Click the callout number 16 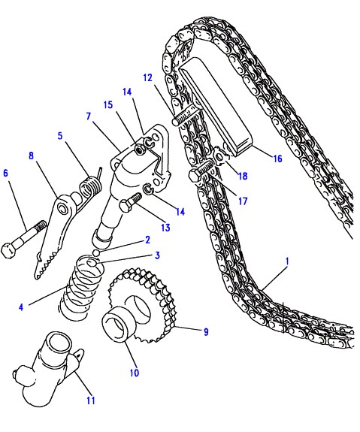pos(277,159)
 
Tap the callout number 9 pos(206,332)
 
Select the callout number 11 pos(91,400)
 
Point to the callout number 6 pos(6,174)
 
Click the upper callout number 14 pos(127,92)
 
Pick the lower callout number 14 pos(180,212)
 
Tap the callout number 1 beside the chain pos(287,261)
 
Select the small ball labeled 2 pos(96,252)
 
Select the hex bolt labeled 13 pos(129,202)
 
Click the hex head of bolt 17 pos(195,175)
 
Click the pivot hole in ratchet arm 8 pos(63,207)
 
